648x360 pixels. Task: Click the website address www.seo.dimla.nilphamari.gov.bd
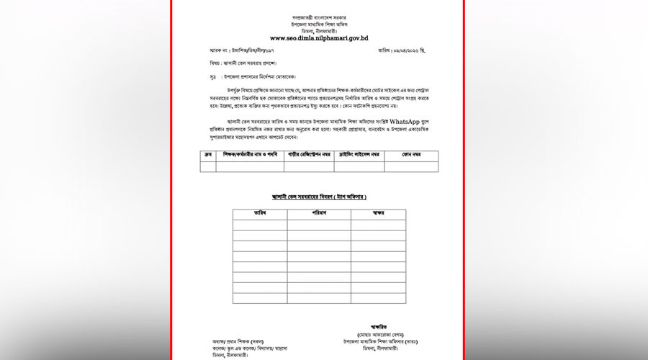319,37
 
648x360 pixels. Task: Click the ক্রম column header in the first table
207,155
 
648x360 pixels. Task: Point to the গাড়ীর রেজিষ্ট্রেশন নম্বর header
308,155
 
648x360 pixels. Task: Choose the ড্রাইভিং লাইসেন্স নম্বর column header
359,155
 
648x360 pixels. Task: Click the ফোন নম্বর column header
411,155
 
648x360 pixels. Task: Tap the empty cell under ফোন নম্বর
411,166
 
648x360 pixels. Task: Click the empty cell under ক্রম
207,166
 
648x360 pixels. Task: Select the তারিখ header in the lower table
260,214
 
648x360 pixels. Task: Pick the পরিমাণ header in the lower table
319,214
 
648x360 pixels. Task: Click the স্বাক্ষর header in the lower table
377,214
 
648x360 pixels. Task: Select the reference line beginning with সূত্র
248,76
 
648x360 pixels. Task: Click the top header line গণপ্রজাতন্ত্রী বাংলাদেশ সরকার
319,17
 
